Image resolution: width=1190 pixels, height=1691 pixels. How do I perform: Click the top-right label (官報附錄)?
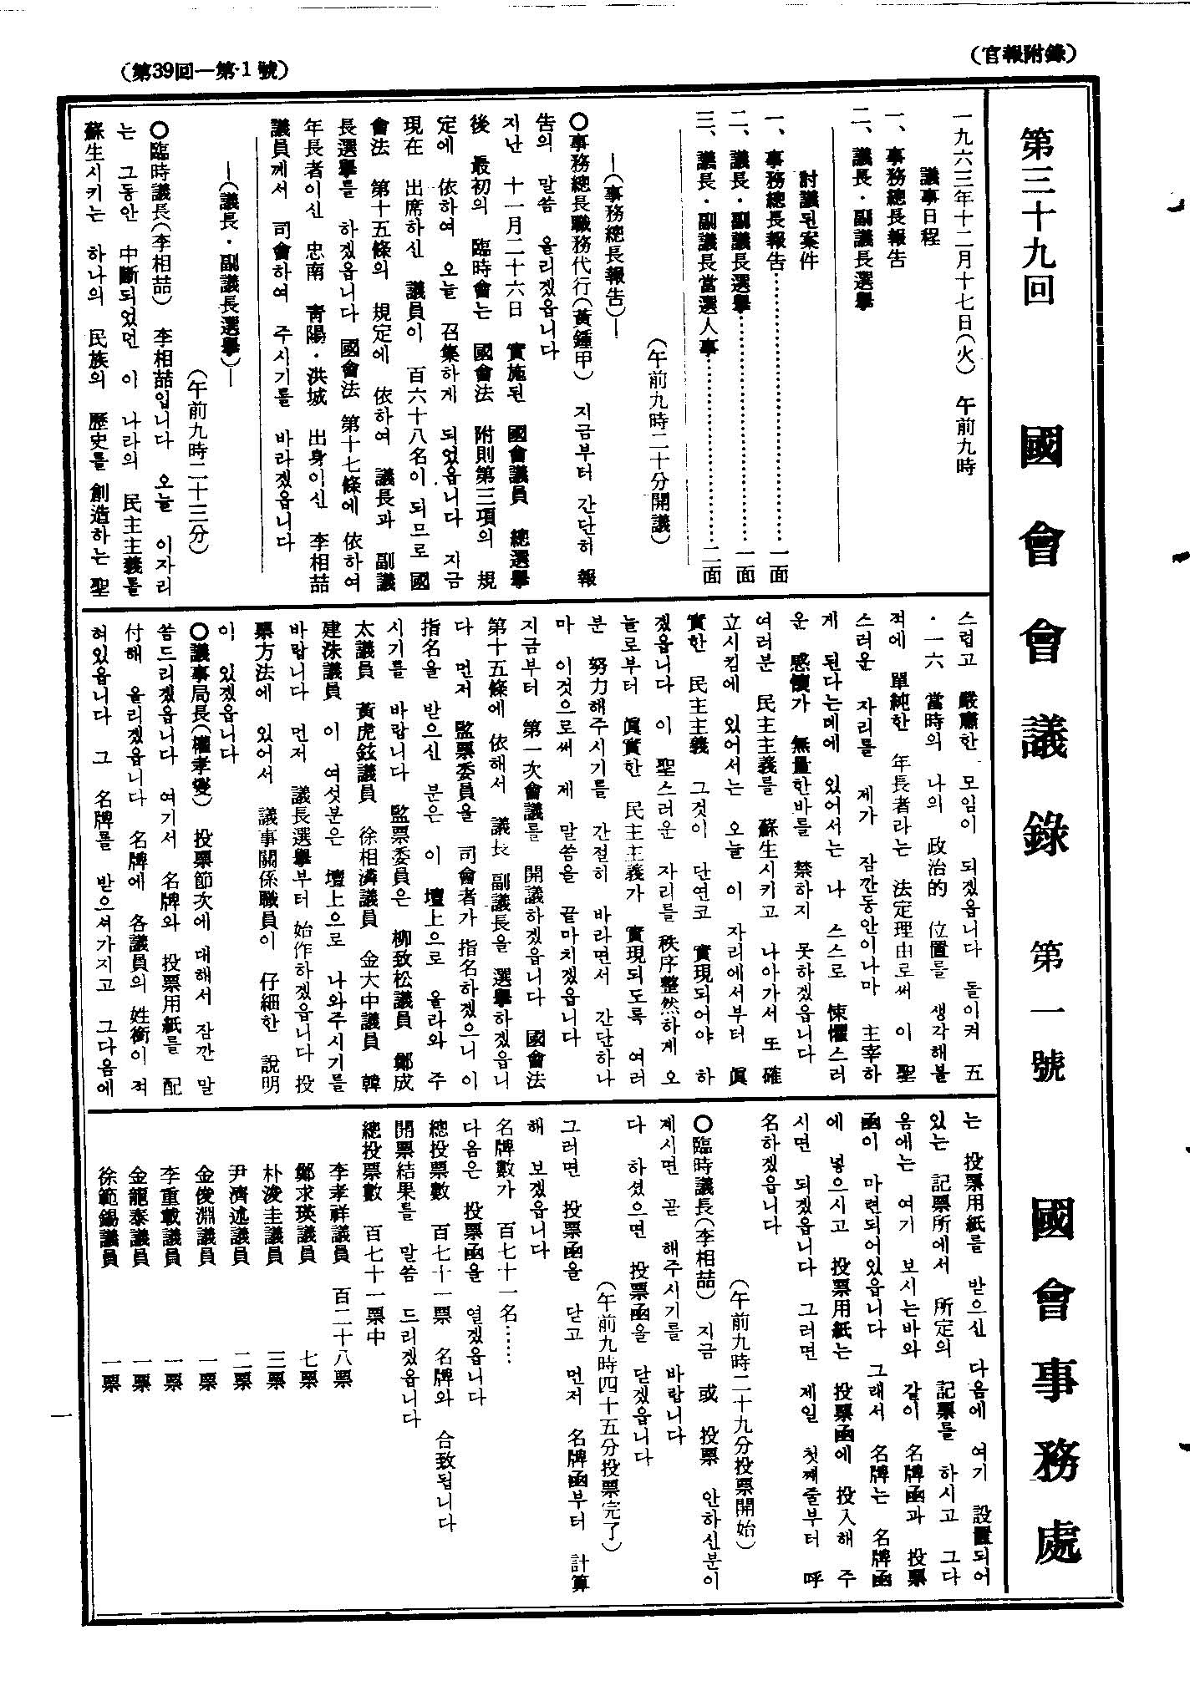pos(1023,54)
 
